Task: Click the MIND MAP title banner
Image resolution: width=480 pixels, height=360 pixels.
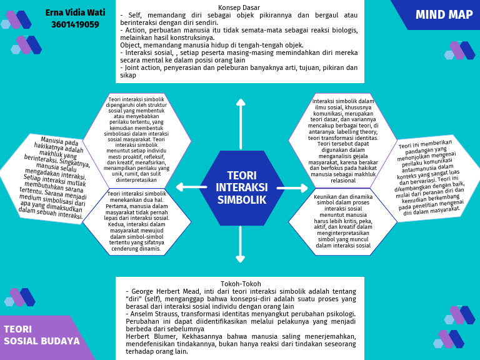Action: pos(444,15)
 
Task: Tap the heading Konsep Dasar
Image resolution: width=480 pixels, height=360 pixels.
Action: pos(240,7)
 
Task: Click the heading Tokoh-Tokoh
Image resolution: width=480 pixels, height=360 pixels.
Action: pos(240,284)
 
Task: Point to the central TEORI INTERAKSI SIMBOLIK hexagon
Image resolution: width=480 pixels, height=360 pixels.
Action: pos(241,187)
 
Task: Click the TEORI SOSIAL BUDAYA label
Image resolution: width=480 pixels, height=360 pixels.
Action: pos(41,335)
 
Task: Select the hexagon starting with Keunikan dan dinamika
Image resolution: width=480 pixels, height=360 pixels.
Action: pos(342,221)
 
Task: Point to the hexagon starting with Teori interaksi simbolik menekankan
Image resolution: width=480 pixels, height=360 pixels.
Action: pos(136,221)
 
